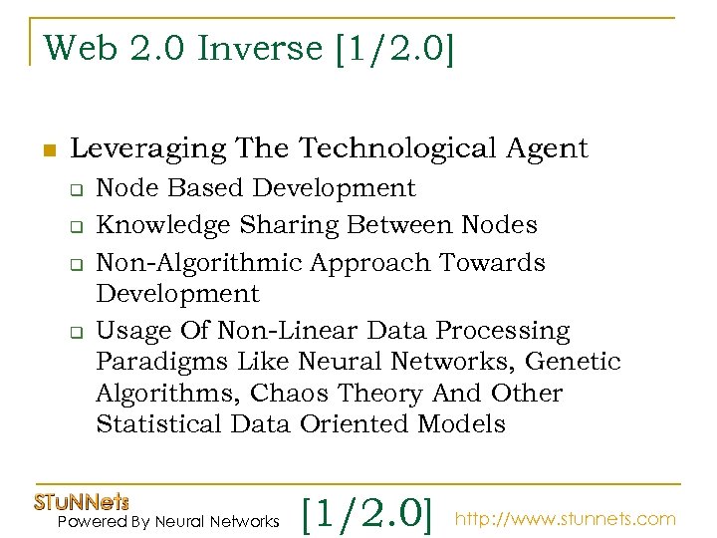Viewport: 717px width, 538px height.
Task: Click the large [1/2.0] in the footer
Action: [367, 514]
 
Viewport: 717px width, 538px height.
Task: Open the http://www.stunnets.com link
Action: [566, 519]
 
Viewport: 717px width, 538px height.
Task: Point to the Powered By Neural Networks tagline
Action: [168, 522]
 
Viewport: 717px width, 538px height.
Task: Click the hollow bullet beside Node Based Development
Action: [74, 189]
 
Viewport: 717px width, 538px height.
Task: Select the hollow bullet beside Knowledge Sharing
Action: [74, 227]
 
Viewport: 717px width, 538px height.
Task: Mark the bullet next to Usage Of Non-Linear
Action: [74, 332]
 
